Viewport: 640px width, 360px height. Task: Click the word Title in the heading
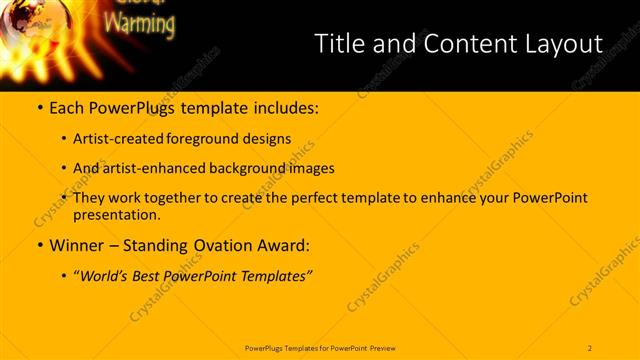pos(337,44)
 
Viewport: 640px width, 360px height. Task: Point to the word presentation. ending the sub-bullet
pos(116,214)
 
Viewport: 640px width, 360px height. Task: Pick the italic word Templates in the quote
pos(276,275)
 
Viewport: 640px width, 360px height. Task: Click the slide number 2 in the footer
pos(590,347)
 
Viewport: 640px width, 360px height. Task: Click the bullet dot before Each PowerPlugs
pos(39,106)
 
